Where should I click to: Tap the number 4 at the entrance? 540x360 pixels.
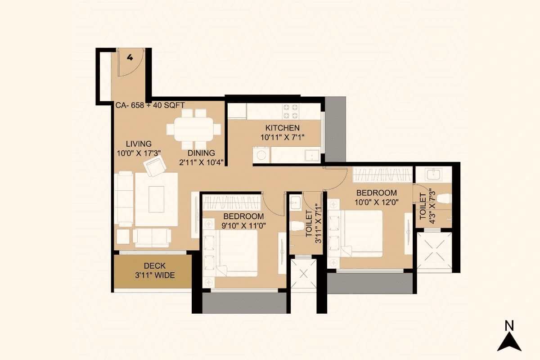tap(130, 57)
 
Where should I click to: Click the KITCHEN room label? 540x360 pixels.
tap(282, 128)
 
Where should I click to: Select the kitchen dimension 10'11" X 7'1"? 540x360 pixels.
tap(283, 137)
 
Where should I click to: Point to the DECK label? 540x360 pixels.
tap(154, 266)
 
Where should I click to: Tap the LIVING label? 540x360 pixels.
tap(139, 144)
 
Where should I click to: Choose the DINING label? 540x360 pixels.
tap(201, 153)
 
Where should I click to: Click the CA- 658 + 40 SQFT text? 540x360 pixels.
tap(150, 105)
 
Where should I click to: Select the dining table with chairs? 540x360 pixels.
tap(194, 129)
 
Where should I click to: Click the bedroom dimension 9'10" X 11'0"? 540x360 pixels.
tap(243, 226)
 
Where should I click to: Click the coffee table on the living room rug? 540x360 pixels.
tap(156, 199)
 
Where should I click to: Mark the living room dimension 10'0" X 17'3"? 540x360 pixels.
tap(139, 153)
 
